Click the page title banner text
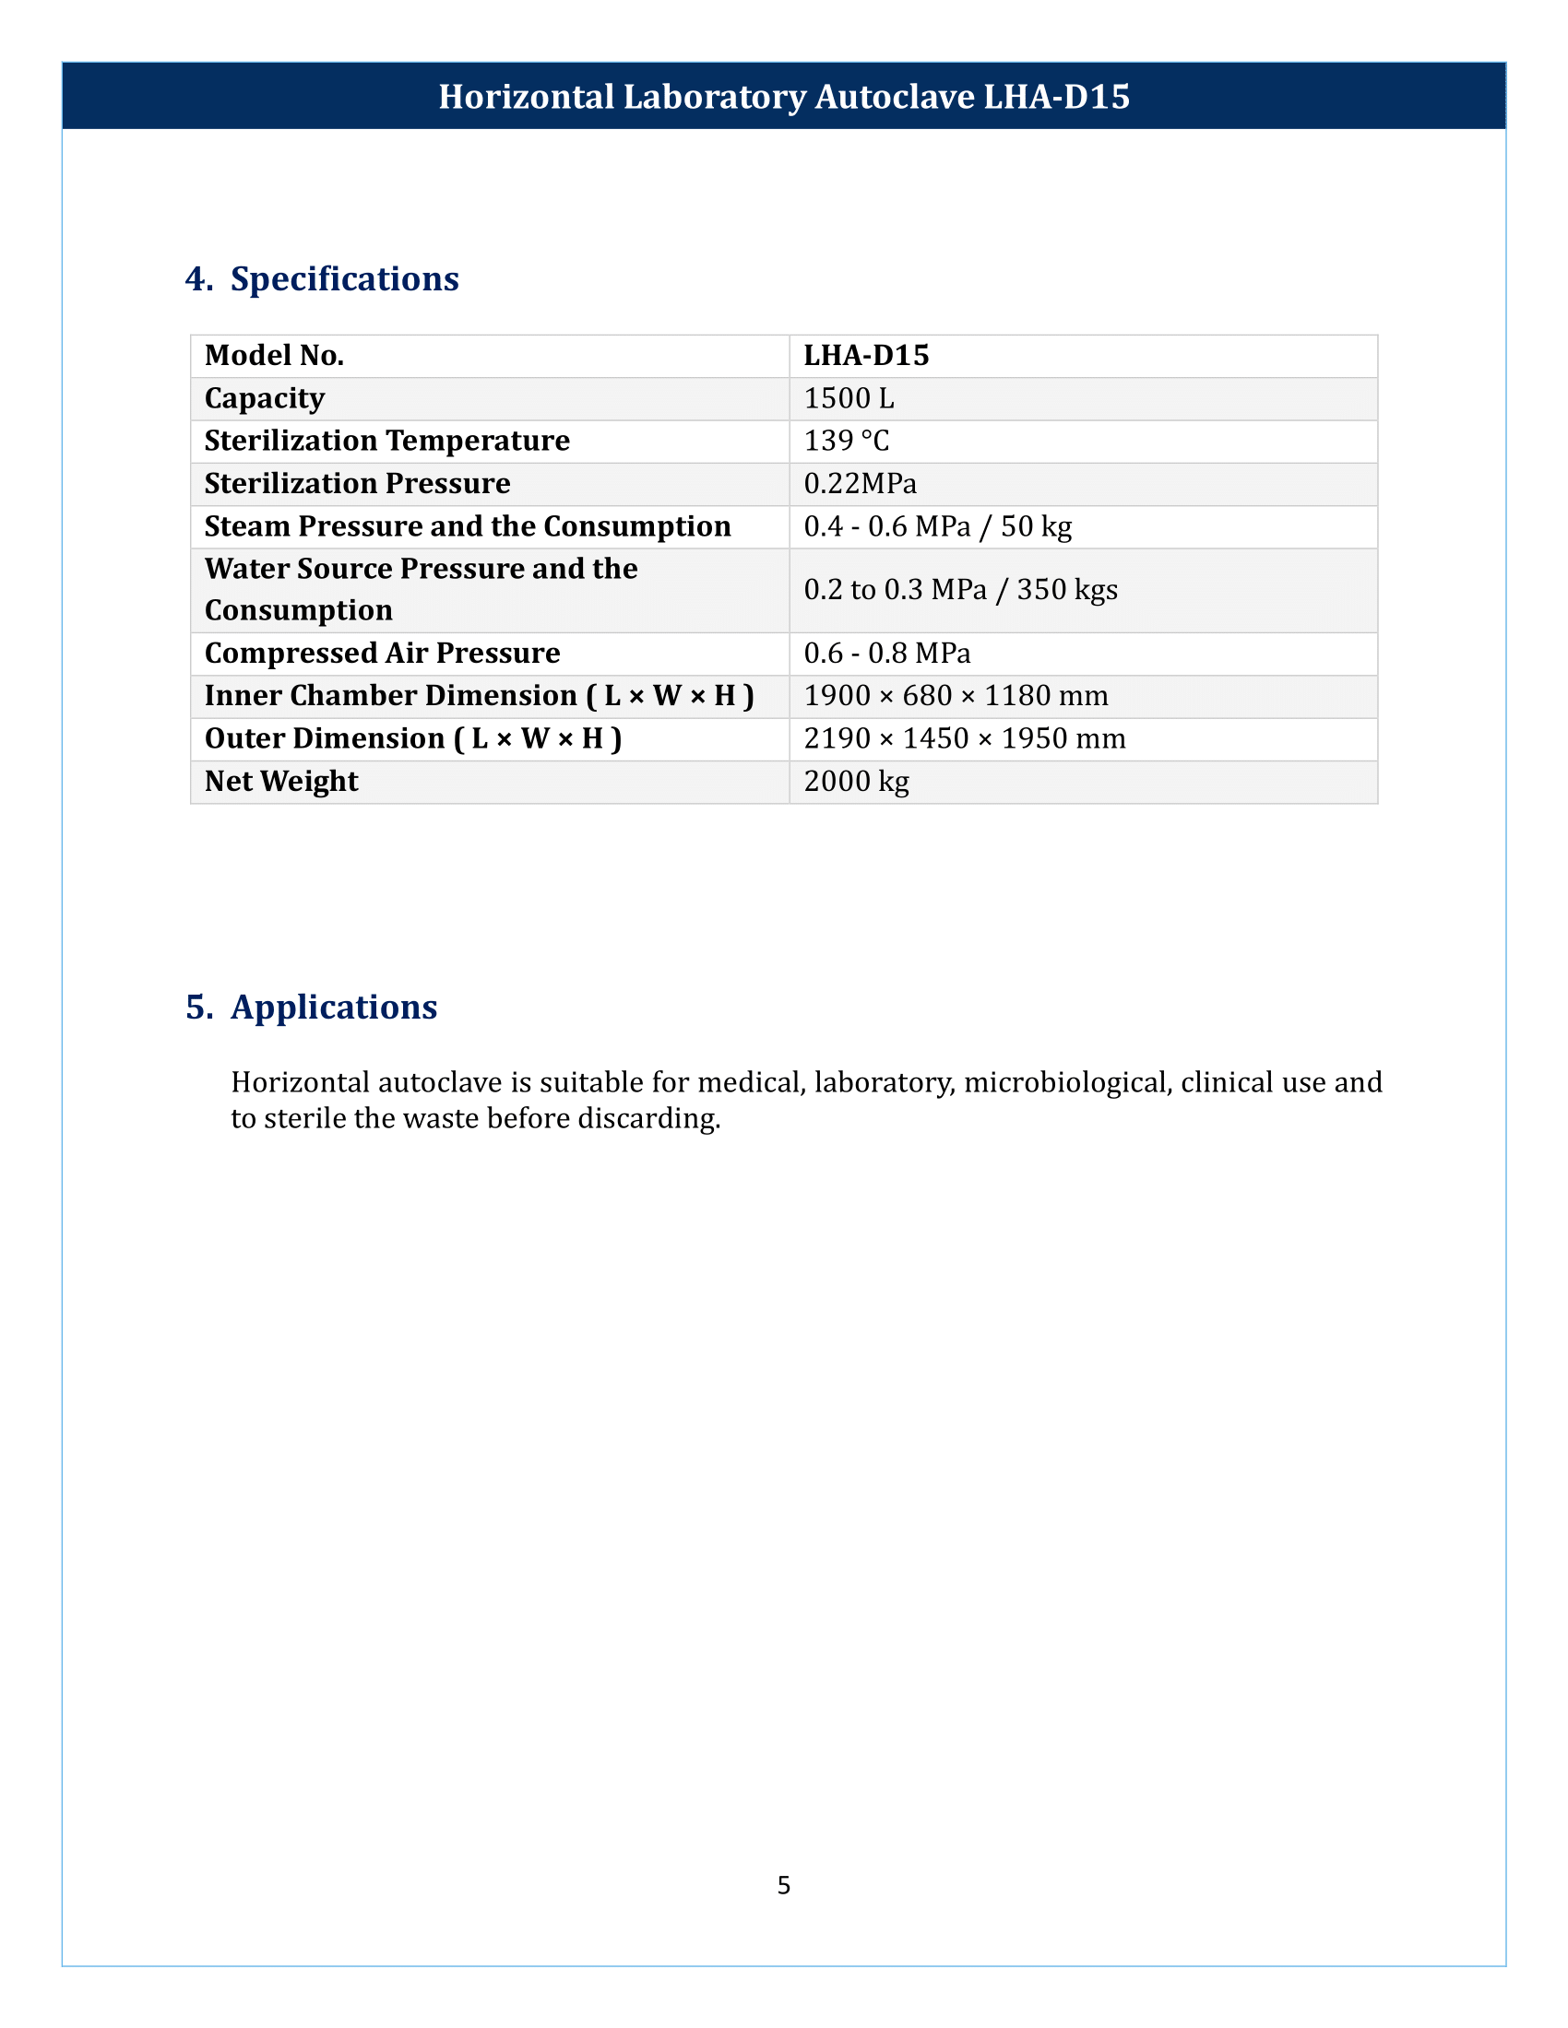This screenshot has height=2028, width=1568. coord(784,97)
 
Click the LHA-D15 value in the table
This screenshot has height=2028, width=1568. coord(866,356)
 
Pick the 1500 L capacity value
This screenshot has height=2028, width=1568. coord(848,398)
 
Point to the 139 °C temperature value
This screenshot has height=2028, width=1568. coord(846,441)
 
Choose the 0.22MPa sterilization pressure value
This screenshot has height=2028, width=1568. coord(860,484)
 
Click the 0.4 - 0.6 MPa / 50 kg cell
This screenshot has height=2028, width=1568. coord(937,526)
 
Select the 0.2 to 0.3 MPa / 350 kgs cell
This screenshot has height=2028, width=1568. coord(960,590)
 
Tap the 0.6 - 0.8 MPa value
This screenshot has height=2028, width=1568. coord(887,653)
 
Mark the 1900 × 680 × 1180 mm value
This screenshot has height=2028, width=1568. coord(956,695)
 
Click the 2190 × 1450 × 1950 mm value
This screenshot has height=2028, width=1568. coord(964,738)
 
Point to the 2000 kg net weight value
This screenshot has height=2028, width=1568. coord(857,781)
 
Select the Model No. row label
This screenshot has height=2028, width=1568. coord(274,356)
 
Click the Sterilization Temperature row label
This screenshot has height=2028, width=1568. coord(386,441)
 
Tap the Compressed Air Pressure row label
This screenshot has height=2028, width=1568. coord(382,653)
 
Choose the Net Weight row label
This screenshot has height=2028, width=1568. coord(280,781)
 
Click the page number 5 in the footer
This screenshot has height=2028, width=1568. coord(784,1885)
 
